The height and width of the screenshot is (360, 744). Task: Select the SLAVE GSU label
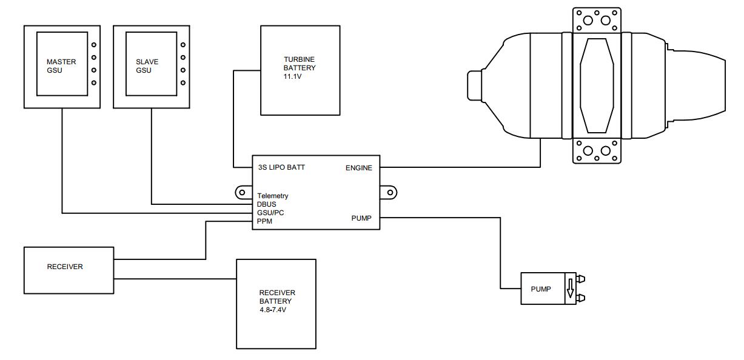coord(144,66)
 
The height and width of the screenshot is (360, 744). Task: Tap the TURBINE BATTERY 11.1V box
coord(300,70)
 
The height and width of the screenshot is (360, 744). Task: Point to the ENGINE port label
coord(358,168)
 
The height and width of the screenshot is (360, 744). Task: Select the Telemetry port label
coord(273,196)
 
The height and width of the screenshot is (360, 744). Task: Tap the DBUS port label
coord(267,204)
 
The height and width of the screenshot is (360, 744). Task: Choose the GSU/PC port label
coord(270,213)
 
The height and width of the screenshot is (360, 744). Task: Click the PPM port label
coord(265,221)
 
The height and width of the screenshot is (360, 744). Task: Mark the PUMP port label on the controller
coord(361,218)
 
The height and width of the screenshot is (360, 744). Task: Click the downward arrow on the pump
coord(570,289)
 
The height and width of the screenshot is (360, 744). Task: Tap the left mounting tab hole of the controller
coord(242,193)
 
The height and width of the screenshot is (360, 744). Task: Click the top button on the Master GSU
coord(93,45)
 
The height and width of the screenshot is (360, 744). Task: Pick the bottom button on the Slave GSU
coord(183,82)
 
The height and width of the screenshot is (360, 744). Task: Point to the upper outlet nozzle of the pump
coord(581,279)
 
